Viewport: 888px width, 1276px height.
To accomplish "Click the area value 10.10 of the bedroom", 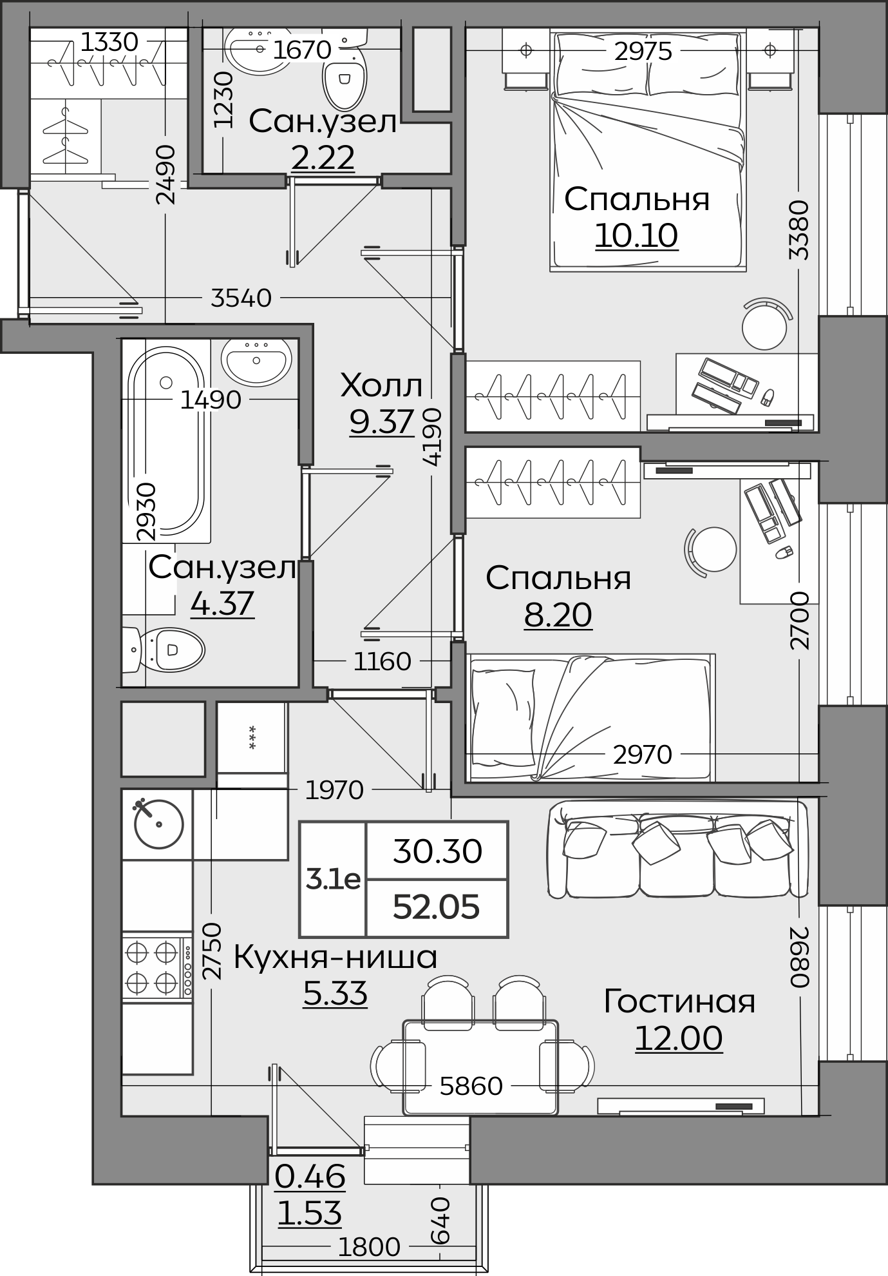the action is [636, 236].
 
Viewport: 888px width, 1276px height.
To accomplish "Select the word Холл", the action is [381, 386].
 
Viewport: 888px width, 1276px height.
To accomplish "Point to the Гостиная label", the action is [679, 1001].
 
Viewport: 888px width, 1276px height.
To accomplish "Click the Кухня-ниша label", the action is [335, 957].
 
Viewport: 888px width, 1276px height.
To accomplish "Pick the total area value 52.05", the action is [437, 907].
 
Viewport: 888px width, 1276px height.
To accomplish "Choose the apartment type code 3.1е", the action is [333, 880].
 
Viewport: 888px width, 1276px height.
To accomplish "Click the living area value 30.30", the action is [437, 852].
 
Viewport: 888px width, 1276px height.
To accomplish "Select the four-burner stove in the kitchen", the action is [157, 966].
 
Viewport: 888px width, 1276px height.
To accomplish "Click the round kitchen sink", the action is [158, 824].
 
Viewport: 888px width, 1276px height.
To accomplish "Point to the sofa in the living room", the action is [677, 849].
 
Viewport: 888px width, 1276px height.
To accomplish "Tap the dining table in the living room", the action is [480, 1067].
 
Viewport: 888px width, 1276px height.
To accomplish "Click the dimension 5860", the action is [471, 1087].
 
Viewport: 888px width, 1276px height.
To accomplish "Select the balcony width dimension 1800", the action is [369, 1247].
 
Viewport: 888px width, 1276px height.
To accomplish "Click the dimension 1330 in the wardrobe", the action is [109, 43].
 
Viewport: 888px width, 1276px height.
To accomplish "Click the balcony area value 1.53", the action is [310, 1214].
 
